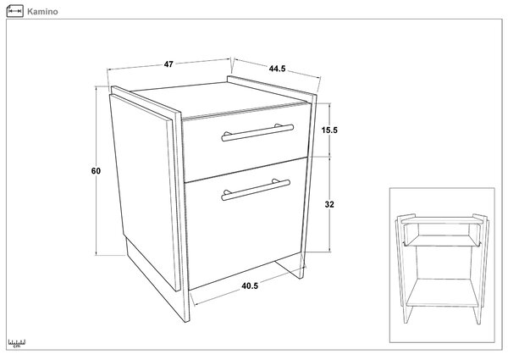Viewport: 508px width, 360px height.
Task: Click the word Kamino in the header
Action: pyautogui.click(x=42, y=12)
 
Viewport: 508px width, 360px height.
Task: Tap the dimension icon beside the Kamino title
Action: pyautogui.click(x=15, y=11)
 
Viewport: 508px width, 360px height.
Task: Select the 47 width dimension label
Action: pyautogui.click(x=168, y=64)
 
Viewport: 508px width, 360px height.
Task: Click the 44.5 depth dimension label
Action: pyautogui.click(x=277, y=69)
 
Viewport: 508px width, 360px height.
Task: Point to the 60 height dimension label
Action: pyautogui.click(x=96, y=171)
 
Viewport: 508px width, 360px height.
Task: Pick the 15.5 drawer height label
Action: pyautogui.click(x=329, y=130)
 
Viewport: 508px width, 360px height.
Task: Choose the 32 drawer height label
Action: pyautogui.click(x=329, y=204)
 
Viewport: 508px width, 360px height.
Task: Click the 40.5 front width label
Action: pyautogui.click(x=250, y=285)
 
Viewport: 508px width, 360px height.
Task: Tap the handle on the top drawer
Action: pyautogui.click(x=257, y=132)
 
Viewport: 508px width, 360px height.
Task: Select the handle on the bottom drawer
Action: pyautogui.click(x=256, y=189)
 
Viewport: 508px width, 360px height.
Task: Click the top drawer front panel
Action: pyautogui.click(x=246, y=142)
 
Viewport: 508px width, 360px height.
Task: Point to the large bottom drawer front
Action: pyautogui.click(x=246, y=224)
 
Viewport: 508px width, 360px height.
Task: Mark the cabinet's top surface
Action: pyautogui.click(x=218, y=98)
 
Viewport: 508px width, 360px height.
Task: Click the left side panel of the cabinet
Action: pyautogui.click(x=144, y=191)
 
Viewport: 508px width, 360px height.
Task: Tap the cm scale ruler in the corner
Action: pyautogui.click(x=17, y=343)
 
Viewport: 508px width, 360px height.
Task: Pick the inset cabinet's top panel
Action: pyautogui.click(x=441, y=220)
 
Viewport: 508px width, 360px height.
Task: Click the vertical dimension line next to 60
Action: pyautogui.click(x=97, y=171)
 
